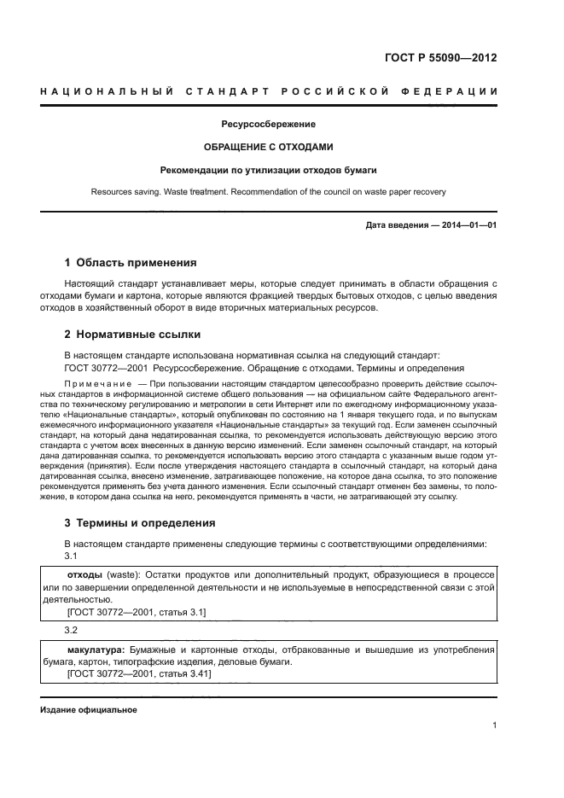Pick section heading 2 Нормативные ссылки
pos(133,334)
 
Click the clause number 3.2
pos(72,631)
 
